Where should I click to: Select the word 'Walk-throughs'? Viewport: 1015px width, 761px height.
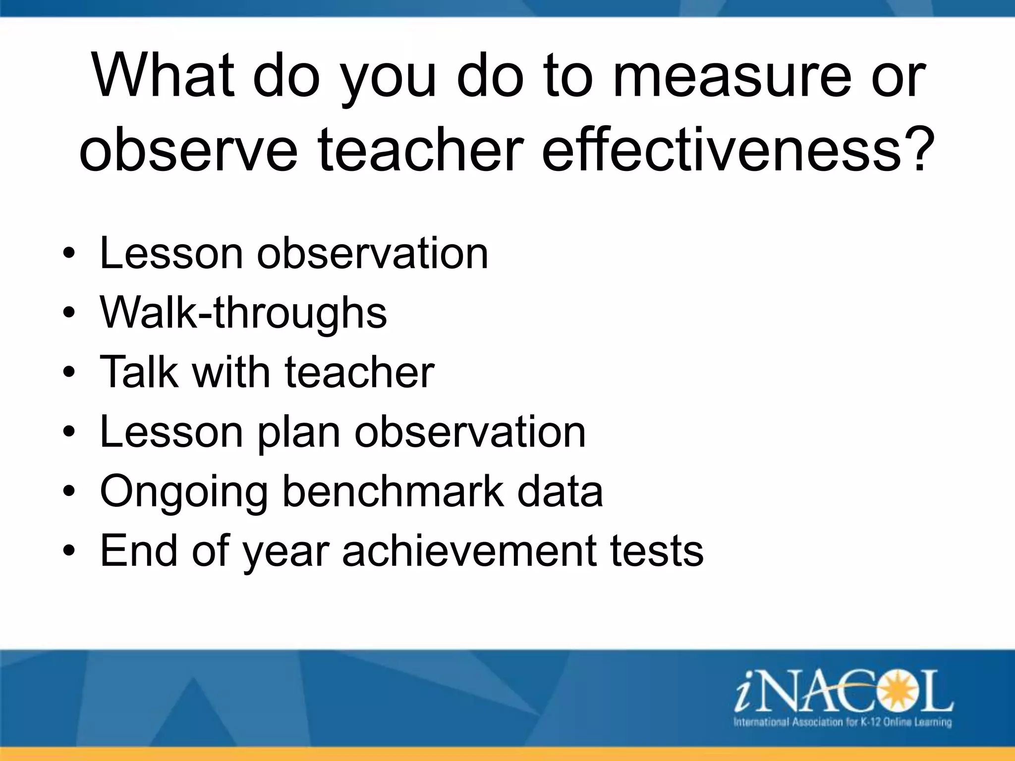(x=243, y=313)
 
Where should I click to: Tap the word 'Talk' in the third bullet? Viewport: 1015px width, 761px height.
(x=139, y=372)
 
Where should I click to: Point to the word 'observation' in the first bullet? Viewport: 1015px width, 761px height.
(x=372, y=254)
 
